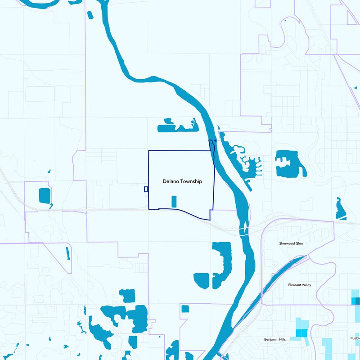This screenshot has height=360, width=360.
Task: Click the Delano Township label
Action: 182,181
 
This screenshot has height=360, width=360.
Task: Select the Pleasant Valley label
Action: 299,285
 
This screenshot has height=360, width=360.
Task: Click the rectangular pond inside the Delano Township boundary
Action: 174,201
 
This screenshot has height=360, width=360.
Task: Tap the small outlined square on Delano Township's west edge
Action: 146,189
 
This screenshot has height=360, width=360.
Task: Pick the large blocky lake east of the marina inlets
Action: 288,163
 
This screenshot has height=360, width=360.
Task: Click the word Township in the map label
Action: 191,181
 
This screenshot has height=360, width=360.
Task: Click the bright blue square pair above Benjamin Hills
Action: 301,333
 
